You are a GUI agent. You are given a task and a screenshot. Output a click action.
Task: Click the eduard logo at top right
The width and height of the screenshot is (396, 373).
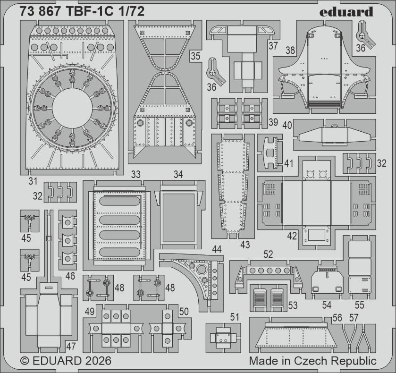(346, 12)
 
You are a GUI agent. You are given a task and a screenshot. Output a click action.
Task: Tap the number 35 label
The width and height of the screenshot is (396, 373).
(195, 56)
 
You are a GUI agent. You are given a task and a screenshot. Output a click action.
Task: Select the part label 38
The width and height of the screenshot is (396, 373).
(290, 50)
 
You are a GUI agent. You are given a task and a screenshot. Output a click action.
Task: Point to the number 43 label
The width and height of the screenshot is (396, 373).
(245, 245)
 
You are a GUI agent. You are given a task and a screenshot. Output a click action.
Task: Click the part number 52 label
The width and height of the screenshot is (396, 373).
(268, 254)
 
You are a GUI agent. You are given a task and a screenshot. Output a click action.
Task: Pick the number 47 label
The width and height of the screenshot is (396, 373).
(71, 346)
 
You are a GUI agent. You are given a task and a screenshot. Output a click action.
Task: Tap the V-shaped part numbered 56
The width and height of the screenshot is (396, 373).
(349, 336)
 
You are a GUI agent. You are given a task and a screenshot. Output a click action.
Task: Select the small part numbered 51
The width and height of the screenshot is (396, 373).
(223, 339)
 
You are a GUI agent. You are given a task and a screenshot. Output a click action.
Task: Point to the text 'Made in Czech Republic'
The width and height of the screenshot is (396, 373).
(312, 361)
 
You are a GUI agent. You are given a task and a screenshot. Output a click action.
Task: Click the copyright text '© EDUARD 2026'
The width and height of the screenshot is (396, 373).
(66, 361)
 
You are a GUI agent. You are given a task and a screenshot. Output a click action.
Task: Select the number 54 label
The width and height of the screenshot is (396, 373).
(327, 305)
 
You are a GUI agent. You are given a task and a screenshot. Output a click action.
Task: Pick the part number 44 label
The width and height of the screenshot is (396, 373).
(217, 249)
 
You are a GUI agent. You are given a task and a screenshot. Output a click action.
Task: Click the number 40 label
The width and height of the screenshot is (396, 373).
(287, 126)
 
